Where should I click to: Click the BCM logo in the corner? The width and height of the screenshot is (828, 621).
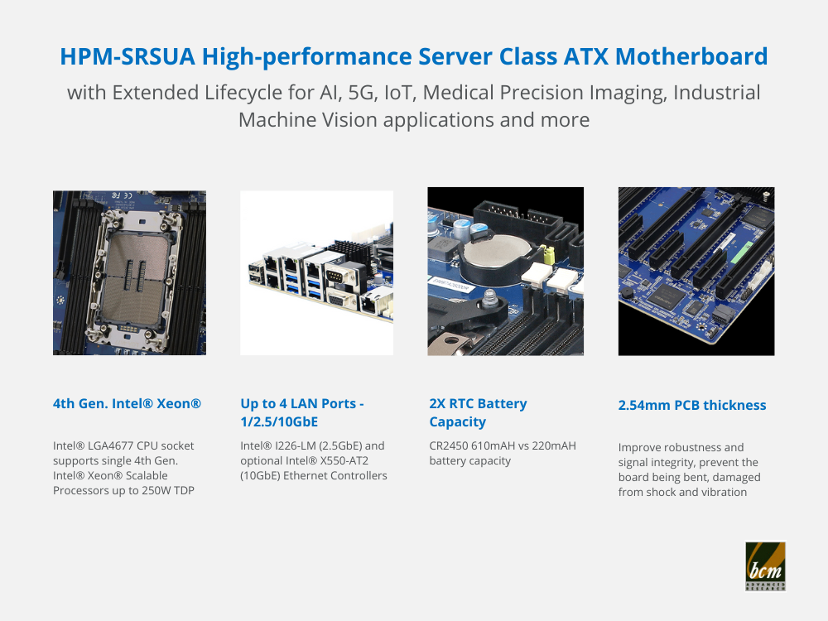point(765,566)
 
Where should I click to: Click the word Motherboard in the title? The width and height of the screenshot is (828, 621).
point(691,56)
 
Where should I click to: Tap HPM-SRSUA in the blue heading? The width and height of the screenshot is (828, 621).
point(128,56)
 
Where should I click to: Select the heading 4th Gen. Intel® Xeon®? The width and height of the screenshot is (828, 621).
point(127,403)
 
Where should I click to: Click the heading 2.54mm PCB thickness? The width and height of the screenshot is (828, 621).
point(691,405)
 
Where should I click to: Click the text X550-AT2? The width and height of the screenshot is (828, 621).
point(344,460)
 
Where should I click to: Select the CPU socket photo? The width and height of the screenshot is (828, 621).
point(129,272)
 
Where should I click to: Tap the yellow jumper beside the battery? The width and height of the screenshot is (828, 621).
point(549,255)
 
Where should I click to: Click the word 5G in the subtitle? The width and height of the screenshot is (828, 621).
point(361,93)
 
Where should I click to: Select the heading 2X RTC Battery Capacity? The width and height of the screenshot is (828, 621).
point(478,412)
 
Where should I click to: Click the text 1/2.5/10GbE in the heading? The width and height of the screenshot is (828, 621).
point(279,422)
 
